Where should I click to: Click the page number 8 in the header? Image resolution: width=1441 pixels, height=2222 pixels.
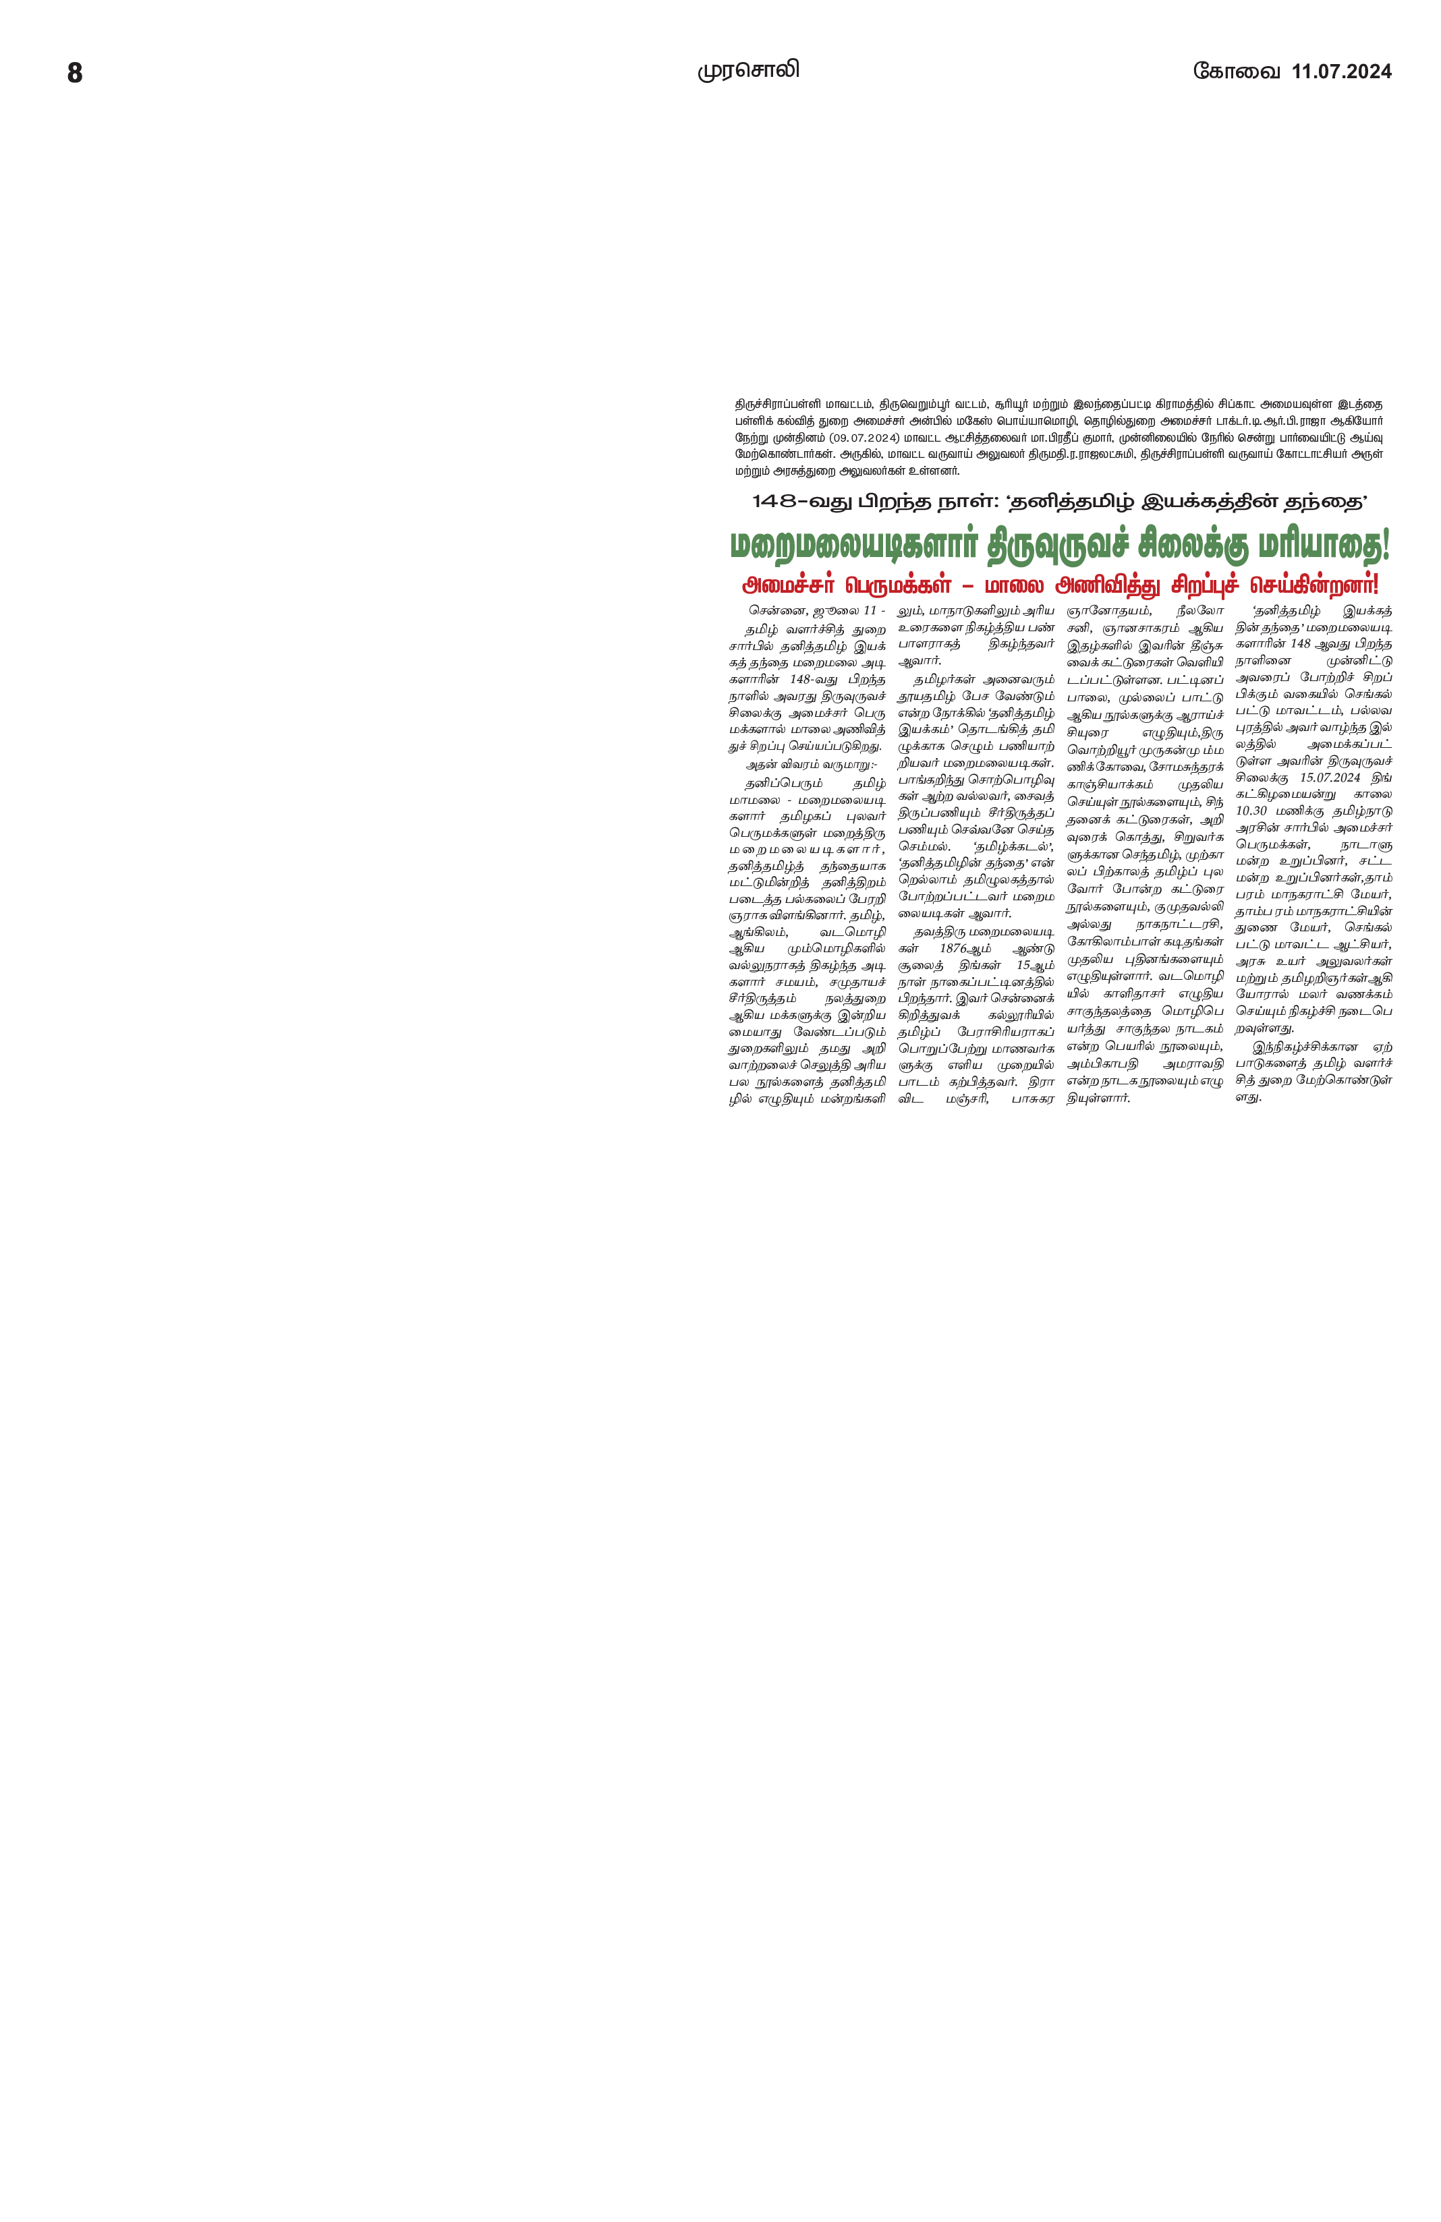(75, 73)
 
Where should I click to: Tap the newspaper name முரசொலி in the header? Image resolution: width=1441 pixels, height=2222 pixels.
(748, 70)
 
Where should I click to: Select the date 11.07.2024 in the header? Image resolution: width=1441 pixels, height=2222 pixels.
(1341, 72)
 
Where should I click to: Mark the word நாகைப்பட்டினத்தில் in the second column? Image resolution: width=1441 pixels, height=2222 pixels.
(994, 982)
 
